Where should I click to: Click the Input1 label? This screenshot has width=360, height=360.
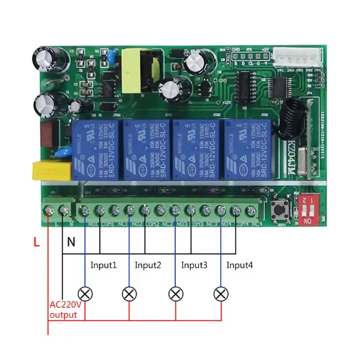click(x=103, y=265)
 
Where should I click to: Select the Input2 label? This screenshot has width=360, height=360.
click(x=148, y=265)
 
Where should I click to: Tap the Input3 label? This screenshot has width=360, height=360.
click(x=194, y=265)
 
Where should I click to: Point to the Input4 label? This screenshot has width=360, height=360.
click(x=239, y=265)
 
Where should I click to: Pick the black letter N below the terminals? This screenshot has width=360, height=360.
click(x=71, y=243)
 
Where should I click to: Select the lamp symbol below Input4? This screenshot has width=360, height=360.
click(x=220, y=294)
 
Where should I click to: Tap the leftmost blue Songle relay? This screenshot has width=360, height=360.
click(x=95, y=149)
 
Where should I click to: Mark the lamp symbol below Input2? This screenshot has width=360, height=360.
click(x=130, y=294)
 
